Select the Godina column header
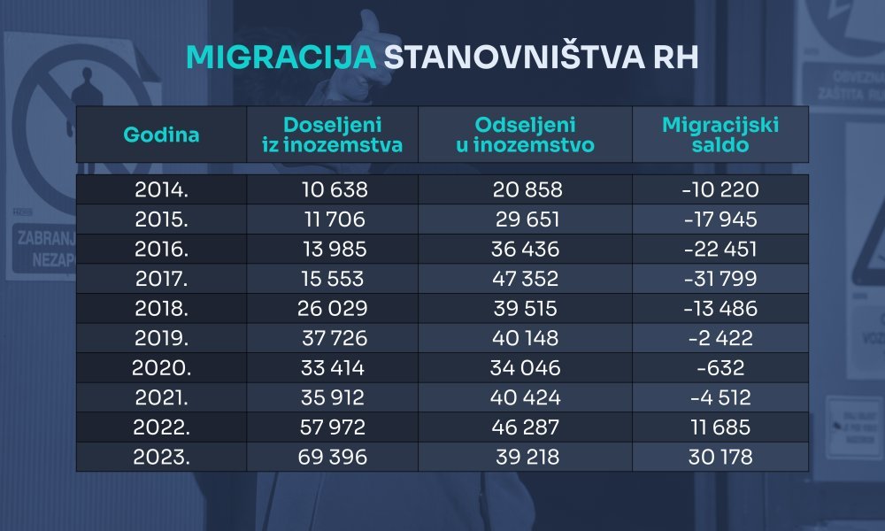point(161,135)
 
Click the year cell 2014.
point(161,189)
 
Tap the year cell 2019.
point(161,338)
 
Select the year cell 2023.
point(161,458)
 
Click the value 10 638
point(332,189)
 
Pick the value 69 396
point(332,458)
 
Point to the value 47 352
point(525,279)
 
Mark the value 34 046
point(525,368)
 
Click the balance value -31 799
point(721,279)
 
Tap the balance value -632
point(721,368)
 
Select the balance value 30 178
point(721,458)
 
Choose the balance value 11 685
point(721,427)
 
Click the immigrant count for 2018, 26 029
point(332,309)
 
